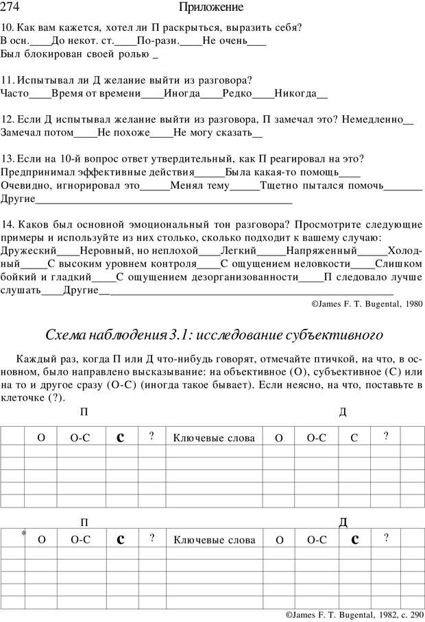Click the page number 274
pyautogui.click(x=12, y=8)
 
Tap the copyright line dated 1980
pyautogui.click(x=367, y=302)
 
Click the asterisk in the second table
pyautogui.click(x=23, y=533)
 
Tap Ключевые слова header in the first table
pyautogui.click(x=214, y=437)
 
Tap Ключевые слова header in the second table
pyautogui.click(x=214, y=540)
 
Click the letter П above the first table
pyautogui.click(x=84, y=412)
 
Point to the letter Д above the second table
pyautogui.click(x=343, y=523)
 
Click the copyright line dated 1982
pyautogui.click(x=352, y=614)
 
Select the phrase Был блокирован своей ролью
pyautogui.click(x=75, y=53)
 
